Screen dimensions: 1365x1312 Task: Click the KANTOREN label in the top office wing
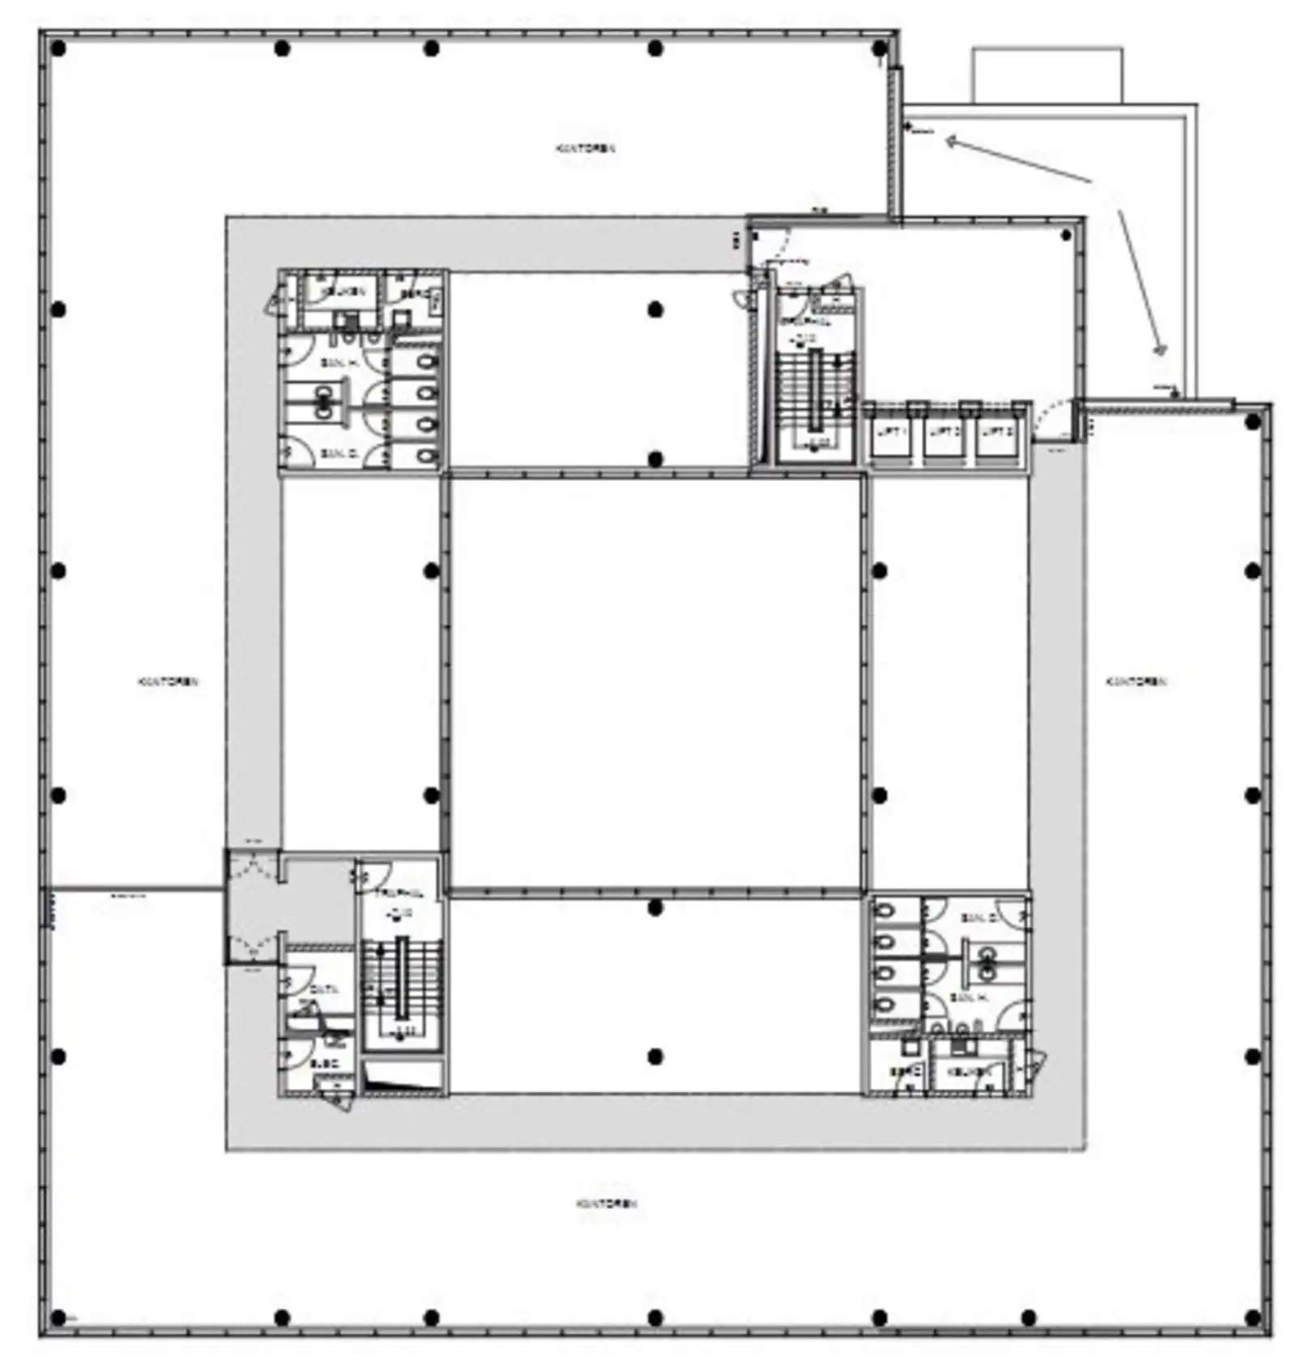pyautogui.click(x=586, y=148)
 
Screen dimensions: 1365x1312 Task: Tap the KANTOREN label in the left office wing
pyautogui.click(x=168, y=681)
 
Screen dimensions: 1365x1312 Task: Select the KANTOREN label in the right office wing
pyautogui.click(x=1136, y=681)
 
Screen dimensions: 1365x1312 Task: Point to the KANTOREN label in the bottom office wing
pyautogui.click(x=607, y=1203)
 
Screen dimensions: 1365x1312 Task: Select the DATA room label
pyautogui.click(x=325, y=989)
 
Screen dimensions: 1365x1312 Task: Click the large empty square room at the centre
pyautogui.click(x=655, y=683)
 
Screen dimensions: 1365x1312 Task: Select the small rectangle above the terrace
pyautogui.click(x=1047, y=75)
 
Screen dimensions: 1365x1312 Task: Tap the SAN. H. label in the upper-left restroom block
pyautogui.click(x=339, y=363)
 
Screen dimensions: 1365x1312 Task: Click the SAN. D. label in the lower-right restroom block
pyautogui.click(x=978, y=918)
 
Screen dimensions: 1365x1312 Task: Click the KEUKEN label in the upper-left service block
pyautogui.click(x=343, y=291)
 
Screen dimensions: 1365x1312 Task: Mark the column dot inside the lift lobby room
pyautogui.click(x=1067, y=235)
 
